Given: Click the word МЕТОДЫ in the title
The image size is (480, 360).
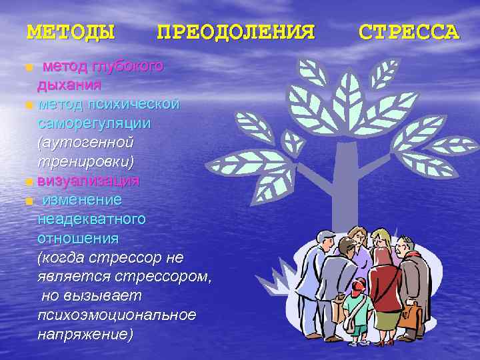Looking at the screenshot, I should [70, 32].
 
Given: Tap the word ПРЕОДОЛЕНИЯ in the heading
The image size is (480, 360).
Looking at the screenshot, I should [235, 32].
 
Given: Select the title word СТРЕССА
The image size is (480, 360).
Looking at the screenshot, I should [409, 32].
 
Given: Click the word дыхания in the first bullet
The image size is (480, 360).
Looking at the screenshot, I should [69, 85].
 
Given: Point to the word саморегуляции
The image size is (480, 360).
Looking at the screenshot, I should [94, 124].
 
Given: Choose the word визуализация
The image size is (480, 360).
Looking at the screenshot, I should [89, 181].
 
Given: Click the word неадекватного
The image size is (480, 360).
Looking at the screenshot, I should [92, 219].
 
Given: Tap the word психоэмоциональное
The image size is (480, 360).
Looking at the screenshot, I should [117, 315].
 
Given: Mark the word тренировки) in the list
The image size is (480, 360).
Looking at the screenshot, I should [86, 162].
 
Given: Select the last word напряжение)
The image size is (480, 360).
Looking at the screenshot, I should [85, 333].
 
